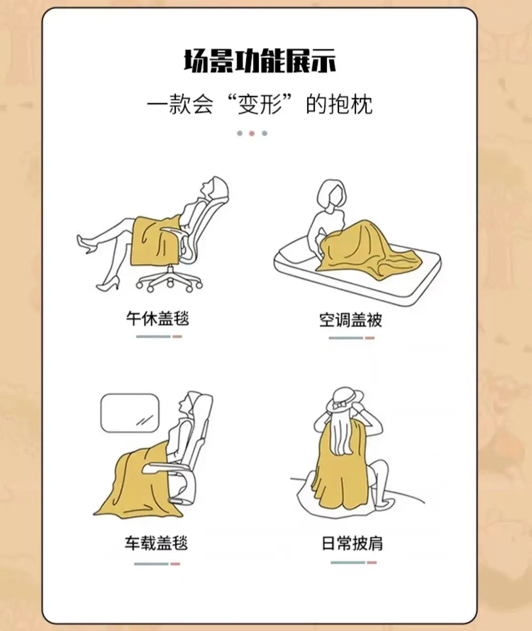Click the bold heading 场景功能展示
260,61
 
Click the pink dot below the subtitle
252,133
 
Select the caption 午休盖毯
158,319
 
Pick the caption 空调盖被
351,320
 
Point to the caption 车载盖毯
156,543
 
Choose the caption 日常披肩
352,543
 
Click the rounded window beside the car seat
130,413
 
